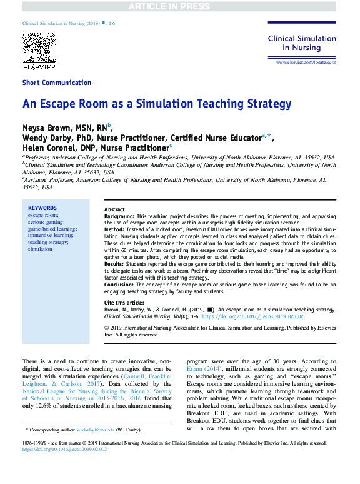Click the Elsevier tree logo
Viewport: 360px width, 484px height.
click(39, 48)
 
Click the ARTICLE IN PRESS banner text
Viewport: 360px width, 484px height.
click(180, 6)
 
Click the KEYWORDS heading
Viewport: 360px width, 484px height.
click(42, 208)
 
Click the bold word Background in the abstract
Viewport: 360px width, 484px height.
click(119, 215)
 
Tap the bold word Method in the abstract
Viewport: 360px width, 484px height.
click(114, 229)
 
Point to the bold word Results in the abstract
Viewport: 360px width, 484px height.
click(114, 264)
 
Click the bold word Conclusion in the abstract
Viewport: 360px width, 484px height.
click(119, 285)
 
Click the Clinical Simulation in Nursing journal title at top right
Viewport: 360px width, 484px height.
click(302, 43)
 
